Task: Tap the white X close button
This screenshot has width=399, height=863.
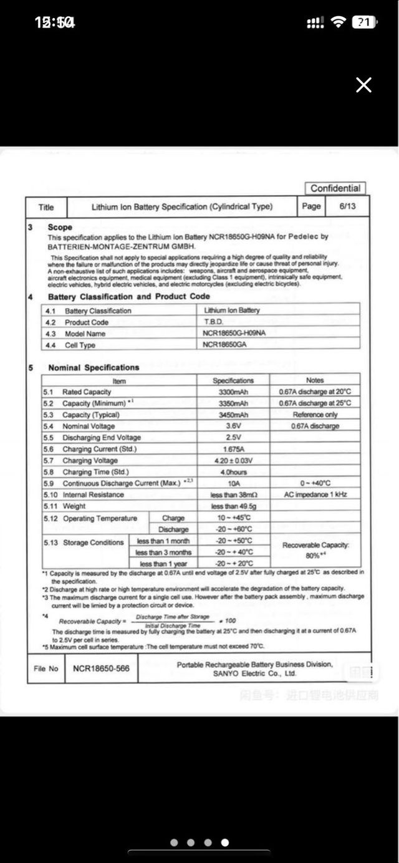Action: tap(363, 85)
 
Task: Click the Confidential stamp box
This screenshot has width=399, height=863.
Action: tap(335, 188)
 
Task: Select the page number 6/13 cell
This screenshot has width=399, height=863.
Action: tap(348, 206)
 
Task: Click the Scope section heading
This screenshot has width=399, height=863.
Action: tap(60, 227)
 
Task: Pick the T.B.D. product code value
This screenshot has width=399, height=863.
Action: tap(213, 322)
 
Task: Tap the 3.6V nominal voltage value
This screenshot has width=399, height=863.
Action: tap(234, 426)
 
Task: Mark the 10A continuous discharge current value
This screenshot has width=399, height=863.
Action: tap(234, 483)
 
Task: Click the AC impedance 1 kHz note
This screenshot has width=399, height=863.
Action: tap(315, 494)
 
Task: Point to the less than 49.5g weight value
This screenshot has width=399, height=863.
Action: tap(234, 506)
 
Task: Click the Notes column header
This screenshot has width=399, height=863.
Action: tap(315, 380)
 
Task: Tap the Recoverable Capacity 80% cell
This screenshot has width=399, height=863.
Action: tap(315, 550)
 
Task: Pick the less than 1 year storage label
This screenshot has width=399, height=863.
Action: tap(163, 564)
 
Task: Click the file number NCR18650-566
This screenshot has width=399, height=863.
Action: tap(101, 668)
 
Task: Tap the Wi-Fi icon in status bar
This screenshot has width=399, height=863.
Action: tap(339, 22)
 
